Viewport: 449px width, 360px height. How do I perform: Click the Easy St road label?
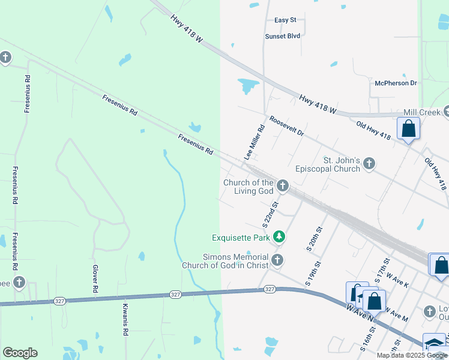(x=285, y=20)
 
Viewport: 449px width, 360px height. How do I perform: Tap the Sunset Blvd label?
(x=282, y=36)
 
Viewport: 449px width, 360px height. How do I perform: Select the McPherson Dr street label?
(x=396, y=83)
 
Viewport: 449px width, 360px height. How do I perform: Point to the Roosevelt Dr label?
(x=286, y=126)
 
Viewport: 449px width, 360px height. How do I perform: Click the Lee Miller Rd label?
(x=255, y=142)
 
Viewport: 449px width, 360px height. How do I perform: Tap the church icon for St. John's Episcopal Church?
(x=369, y=163)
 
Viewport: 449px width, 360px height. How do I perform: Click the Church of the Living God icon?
(x=282, y=186)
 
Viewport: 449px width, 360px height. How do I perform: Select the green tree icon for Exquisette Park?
(x=279, y=238)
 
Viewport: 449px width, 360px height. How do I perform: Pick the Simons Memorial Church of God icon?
(x=277, y=260)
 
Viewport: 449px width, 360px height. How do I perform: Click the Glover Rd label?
(x=95, y=279)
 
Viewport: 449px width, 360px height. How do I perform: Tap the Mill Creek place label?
(x=418, y=112)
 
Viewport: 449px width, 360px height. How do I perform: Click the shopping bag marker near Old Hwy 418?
(x=408, y=129)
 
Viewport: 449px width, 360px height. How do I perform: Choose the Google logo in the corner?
(x=20, y=353)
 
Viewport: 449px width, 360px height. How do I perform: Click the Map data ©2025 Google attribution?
(x=412, y=355)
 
